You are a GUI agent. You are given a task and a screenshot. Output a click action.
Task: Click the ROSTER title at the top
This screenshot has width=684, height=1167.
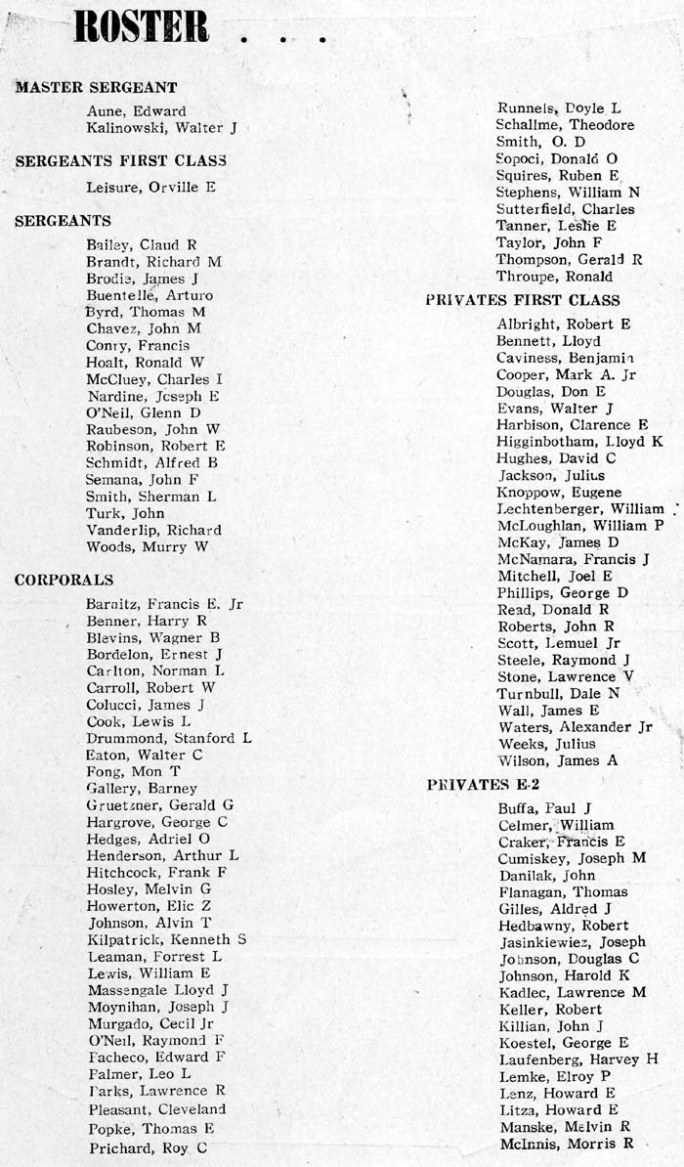142,26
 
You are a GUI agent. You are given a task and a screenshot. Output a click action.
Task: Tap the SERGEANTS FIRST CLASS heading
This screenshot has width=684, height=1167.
120,160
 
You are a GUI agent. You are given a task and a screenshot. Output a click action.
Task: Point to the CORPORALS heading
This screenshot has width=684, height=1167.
64,581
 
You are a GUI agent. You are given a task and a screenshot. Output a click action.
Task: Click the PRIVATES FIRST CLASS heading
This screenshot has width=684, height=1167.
522,300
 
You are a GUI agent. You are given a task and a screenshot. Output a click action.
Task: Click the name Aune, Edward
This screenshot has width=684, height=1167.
136,111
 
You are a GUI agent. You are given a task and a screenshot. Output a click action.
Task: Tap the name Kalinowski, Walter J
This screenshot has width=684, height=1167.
161,128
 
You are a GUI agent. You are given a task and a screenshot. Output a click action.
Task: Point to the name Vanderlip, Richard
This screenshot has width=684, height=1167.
153,530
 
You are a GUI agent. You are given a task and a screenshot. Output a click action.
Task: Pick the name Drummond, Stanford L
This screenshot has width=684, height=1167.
168,738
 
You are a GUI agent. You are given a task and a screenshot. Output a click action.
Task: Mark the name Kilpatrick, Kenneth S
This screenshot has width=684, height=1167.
166,938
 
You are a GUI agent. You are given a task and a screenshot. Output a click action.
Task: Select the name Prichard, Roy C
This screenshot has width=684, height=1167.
147,1148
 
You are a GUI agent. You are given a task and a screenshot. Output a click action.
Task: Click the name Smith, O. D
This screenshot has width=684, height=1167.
540,142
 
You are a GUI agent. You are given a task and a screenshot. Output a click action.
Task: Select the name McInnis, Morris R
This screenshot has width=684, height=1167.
566,1143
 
